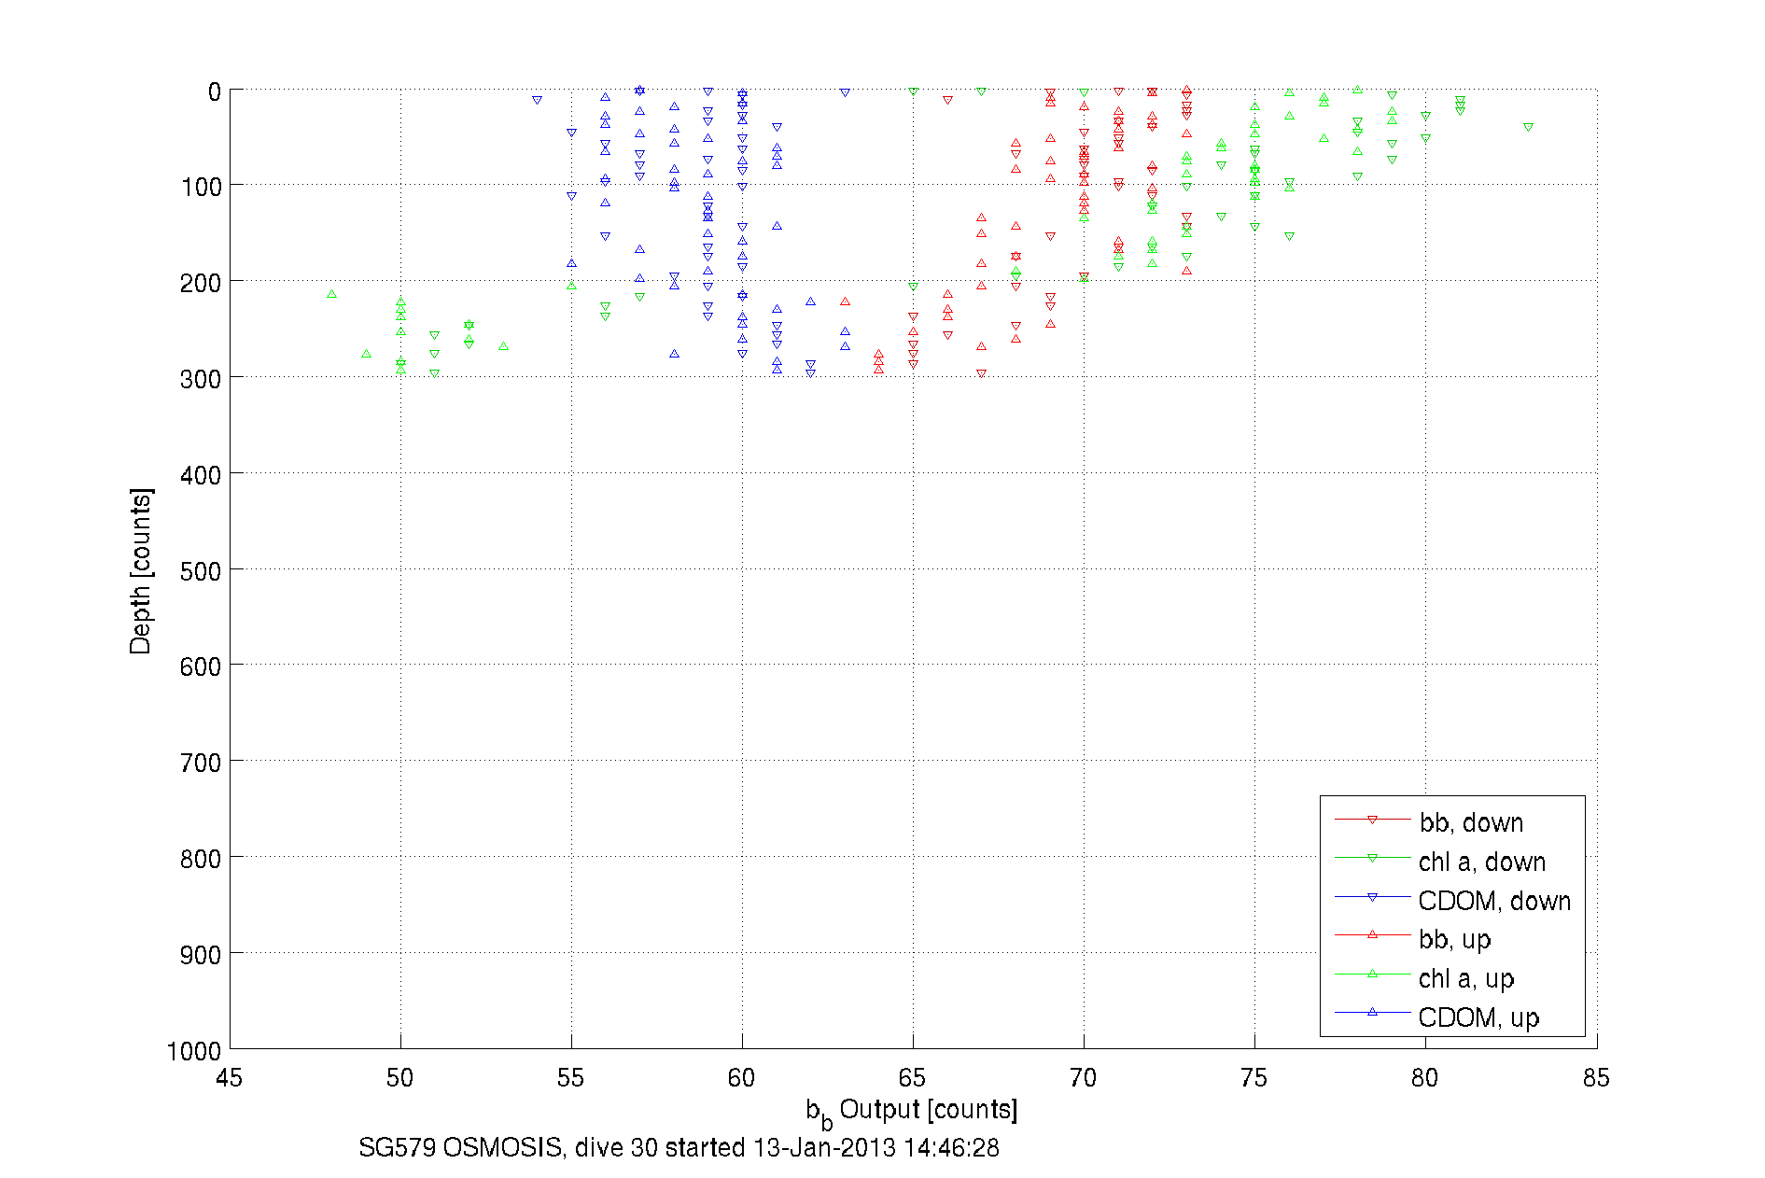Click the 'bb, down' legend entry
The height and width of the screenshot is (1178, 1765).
point(1470,822)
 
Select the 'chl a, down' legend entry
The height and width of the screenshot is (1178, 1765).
point(1481,862)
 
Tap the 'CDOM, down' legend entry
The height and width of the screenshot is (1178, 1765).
point(1493,901)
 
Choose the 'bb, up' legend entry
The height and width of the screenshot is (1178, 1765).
point(1454,939)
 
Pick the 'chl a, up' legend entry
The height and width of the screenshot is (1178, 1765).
point(1465,978)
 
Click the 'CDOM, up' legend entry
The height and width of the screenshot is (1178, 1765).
point(1478,1017)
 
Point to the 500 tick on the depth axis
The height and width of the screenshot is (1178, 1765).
point(201,570)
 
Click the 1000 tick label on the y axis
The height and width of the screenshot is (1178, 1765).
point(194,1051)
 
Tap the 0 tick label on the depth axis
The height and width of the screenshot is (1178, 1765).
point(215,91)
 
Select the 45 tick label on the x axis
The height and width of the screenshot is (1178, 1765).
point(230,1078)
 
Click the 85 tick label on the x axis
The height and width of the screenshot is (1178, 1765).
point(1596,1078)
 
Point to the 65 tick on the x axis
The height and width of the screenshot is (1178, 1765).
point(913,1078)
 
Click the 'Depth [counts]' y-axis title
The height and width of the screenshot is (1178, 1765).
point(140,570)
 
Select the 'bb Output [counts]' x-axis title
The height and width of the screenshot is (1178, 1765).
point(912,1111)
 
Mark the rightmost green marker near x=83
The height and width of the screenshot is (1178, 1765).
point(1528,127)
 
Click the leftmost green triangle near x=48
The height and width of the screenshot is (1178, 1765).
point(332,294)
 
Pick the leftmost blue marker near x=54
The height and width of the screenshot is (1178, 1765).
point(537,100)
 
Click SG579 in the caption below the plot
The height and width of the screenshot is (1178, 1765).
point(397,1147)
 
